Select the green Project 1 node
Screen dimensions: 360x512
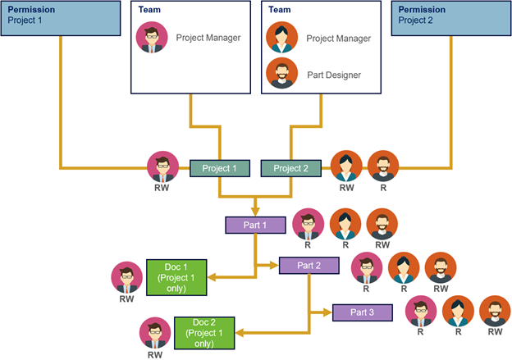[x=219, y=168]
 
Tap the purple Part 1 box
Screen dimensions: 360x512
[x=255, y=224]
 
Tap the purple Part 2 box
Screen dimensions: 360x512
[x=309, y=265]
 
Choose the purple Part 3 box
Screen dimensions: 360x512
[x=362, y=312]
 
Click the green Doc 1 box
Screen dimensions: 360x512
[x=176, y=277]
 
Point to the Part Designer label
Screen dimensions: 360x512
[x=334, y=75]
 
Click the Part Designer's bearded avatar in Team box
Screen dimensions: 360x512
[x=281, y=74]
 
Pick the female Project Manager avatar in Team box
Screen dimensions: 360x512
[x=281, y=38]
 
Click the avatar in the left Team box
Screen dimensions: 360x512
[x=152, y=38]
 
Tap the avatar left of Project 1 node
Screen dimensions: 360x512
[x=162, y=167]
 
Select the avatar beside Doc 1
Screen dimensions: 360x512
[x=126, y=277]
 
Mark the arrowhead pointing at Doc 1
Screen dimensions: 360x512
[x=212, y=277]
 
